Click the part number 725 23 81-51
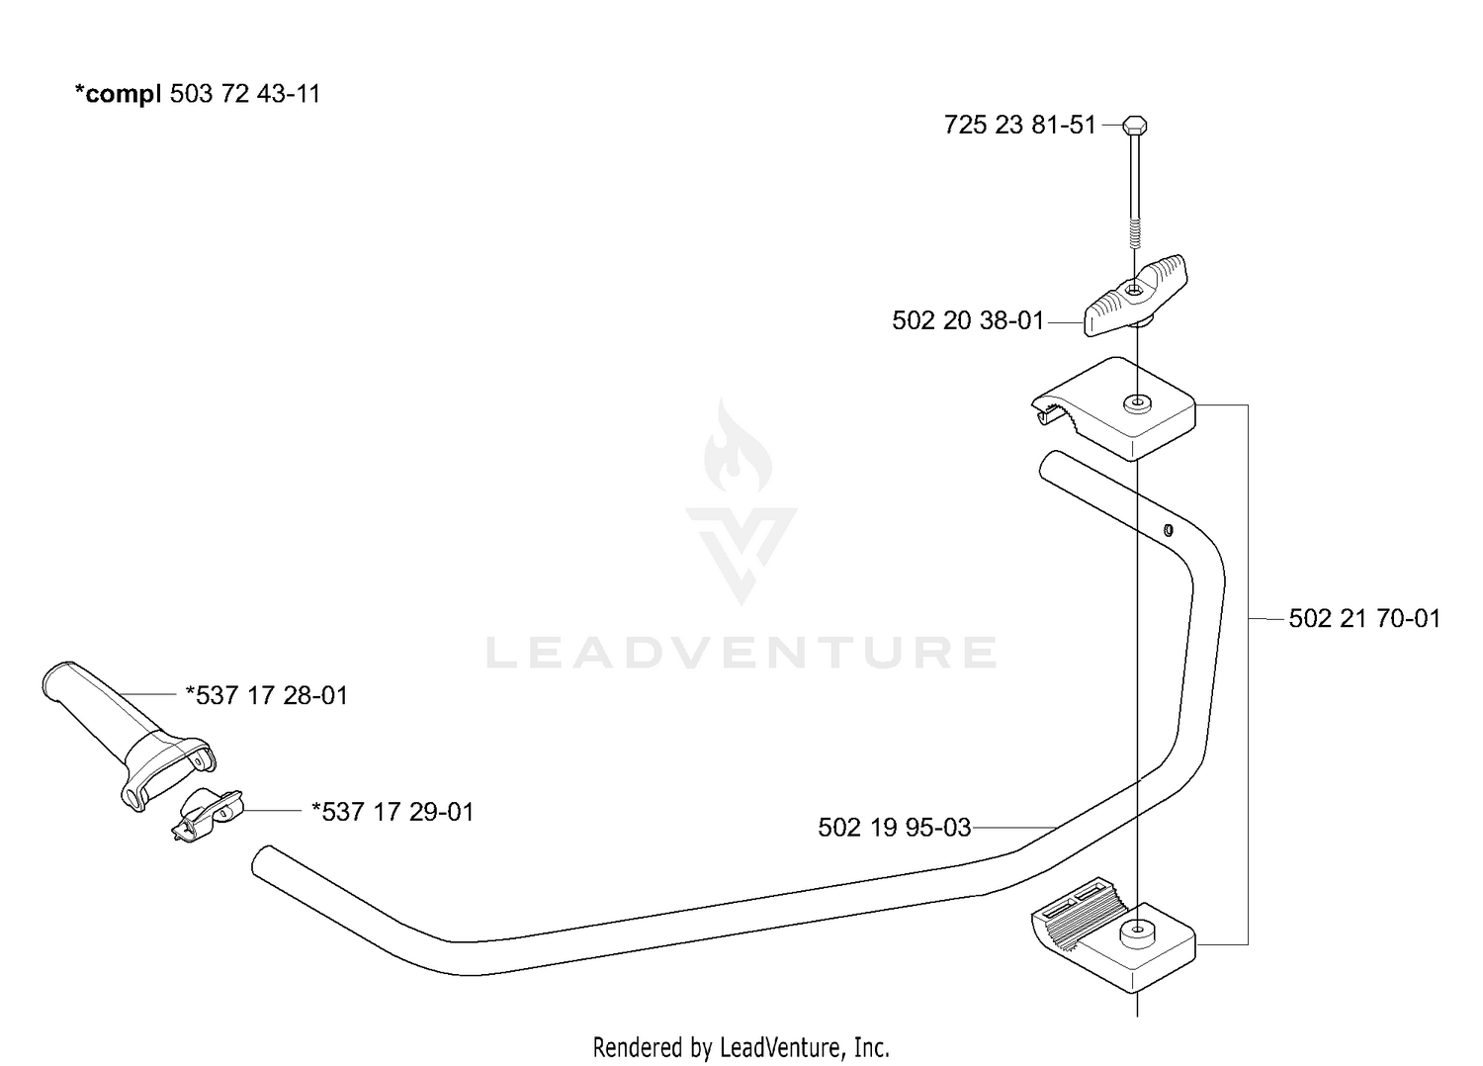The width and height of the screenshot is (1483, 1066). [1019, 125]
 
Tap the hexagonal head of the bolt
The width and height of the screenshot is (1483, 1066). [1135, 124]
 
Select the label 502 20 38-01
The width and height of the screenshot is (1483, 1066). [968, 320]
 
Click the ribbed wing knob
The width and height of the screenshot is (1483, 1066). [1135, 296]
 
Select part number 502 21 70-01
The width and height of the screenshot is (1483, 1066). [1364, 618]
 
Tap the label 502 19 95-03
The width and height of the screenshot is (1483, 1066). [895, 827]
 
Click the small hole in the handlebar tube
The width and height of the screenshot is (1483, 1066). [1168, 530]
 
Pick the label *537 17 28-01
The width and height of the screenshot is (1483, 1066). [267, 695]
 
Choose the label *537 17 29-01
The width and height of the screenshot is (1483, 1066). [393, 811]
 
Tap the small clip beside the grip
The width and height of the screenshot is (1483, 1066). [207, 815]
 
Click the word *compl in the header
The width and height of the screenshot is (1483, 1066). [118, 94]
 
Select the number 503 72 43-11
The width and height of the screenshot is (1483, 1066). [245, 93]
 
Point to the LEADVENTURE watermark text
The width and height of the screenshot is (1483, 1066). [741, 653]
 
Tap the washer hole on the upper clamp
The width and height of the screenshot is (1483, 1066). [1137, 402]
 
